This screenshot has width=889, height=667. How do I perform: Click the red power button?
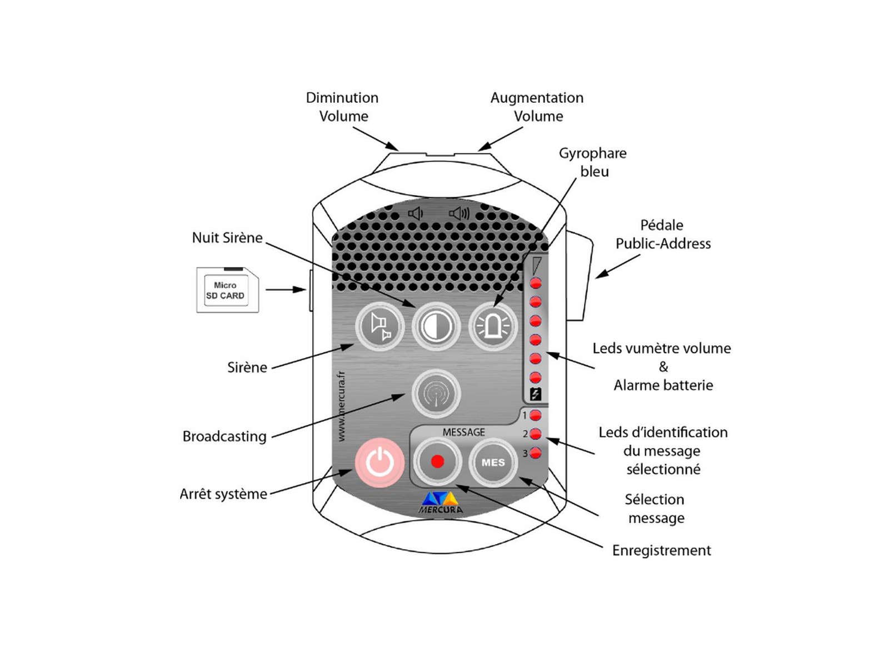(380, 462)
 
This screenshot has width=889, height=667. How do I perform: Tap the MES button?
(493, 462)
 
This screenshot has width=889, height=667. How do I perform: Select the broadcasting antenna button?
(436, 394)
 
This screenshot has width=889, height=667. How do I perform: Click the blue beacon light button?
(493, 326)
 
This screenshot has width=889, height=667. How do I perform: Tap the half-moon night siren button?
(436, 326)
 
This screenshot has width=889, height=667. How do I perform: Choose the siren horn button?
(380, 326)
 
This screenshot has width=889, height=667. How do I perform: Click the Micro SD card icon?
(227, 290)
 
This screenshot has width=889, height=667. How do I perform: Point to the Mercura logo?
(440, 502)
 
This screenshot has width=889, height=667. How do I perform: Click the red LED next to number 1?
(536, 415)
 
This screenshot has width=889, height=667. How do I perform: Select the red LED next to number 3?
(536, 453)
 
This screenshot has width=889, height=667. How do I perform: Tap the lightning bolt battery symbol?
(536, 394)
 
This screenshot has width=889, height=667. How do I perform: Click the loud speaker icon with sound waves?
(460, 213)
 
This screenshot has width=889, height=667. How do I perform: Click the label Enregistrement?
(661, 550)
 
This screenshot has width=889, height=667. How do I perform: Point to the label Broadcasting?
(224, 436)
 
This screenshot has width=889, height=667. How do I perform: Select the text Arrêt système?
(223, 494)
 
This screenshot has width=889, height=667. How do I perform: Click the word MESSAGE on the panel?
(463, 432)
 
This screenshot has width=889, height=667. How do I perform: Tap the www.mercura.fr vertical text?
(341, 406)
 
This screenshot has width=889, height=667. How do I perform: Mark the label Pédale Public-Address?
(663, 234)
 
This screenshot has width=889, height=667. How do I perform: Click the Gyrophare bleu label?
(593, 162)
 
